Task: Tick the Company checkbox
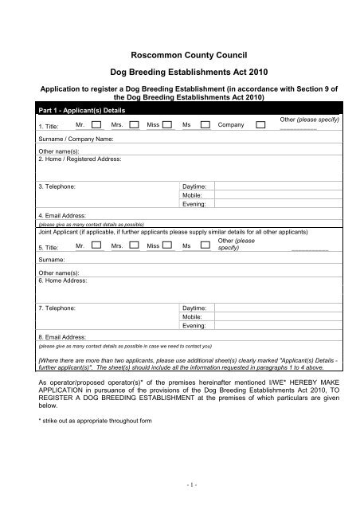tap(261, 125)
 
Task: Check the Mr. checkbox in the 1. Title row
tap(96, 125)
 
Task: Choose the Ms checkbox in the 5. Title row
tap(204, 247)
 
